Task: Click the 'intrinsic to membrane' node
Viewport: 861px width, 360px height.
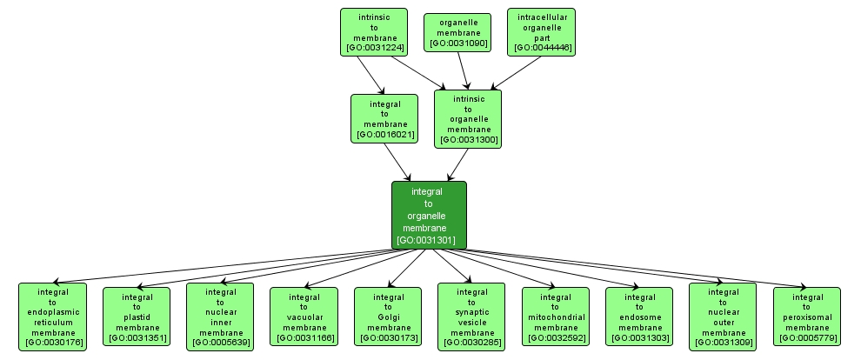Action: [374, 32]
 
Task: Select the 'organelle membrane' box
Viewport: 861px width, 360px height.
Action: [457, 32]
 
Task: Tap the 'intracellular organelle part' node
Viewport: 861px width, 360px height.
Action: [541, 32]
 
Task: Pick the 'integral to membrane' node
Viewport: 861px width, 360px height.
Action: [384, 118]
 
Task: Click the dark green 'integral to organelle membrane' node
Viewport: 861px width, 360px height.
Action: [429, 215]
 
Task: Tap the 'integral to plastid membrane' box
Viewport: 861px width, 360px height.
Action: [137, 317]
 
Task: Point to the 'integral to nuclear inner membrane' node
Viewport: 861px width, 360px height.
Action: [220, 317]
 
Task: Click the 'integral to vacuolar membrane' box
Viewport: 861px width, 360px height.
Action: [304, 317]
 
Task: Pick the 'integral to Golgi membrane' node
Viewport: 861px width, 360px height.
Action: [387, 317]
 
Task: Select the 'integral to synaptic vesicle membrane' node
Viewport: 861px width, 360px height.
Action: [471, 317]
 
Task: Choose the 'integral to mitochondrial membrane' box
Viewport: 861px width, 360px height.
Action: [555, 317]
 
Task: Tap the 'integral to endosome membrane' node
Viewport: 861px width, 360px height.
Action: [639, 317]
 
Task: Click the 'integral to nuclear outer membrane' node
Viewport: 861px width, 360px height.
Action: [723, 317]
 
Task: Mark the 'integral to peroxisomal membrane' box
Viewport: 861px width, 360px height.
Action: [806, 317]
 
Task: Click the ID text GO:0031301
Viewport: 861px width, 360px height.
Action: [429, 239]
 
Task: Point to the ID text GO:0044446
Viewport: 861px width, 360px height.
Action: [541, 47]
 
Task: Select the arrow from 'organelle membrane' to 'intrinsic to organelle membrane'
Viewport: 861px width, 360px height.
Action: [464, 70]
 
